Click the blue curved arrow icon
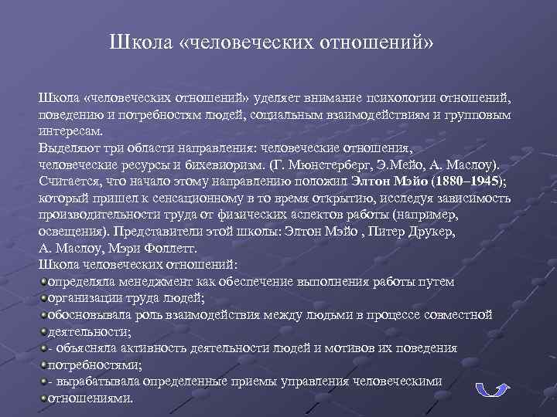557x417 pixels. coord(490,388)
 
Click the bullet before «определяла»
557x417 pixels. coord(43,282)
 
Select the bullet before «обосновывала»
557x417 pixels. coord(43,315)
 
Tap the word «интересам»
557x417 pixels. coord(69,131)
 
